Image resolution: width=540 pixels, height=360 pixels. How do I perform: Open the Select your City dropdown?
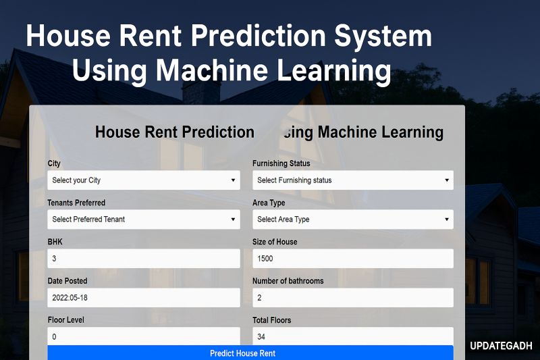point(144,180)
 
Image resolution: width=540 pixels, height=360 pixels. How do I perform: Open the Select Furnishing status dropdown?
point(352,180)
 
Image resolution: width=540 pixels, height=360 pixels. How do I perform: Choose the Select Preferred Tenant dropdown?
point(144,220)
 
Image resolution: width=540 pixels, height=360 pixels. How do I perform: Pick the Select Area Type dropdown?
point(352,220)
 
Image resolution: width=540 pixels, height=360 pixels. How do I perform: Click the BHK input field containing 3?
point(144,259)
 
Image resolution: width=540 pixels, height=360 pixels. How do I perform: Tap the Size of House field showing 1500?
point(352,259)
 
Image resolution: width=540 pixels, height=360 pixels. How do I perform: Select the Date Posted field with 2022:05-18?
point(144,298)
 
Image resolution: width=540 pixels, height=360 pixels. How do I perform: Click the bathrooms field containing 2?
point(352,298)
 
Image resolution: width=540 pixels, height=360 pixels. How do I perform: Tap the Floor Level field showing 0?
point(144,336)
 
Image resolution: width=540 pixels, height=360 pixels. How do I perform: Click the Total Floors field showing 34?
point(352,336)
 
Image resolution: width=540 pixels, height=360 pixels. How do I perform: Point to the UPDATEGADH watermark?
point(502,346)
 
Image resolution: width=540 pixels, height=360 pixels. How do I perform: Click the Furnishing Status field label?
point(281,163)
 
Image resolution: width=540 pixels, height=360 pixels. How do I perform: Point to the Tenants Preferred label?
point(76,203)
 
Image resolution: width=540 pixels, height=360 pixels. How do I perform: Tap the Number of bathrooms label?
point(288,281)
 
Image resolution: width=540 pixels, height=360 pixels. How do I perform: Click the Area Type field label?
point(269,203)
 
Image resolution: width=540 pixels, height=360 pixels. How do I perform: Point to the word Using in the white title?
point(109,70)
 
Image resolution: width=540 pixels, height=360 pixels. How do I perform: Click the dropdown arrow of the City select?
point(233,180)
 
